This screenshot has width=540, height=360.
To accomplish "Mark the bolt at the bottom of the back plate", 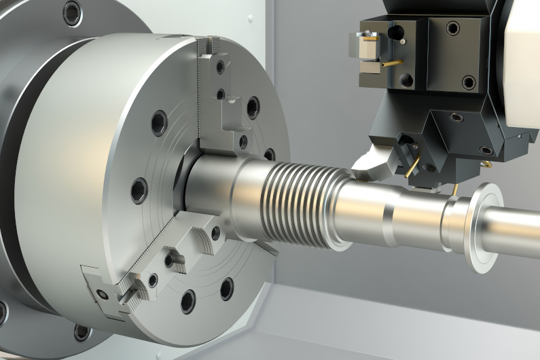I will click(82, 332).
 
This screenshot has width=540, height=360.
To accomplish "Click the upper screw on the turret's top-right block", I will click(452, 29).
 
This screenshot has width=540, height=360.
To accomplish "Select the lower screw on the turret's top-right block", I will click(469, 82).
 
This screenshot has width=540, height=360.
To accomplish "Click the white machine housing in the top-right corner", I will click(523, 54).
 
